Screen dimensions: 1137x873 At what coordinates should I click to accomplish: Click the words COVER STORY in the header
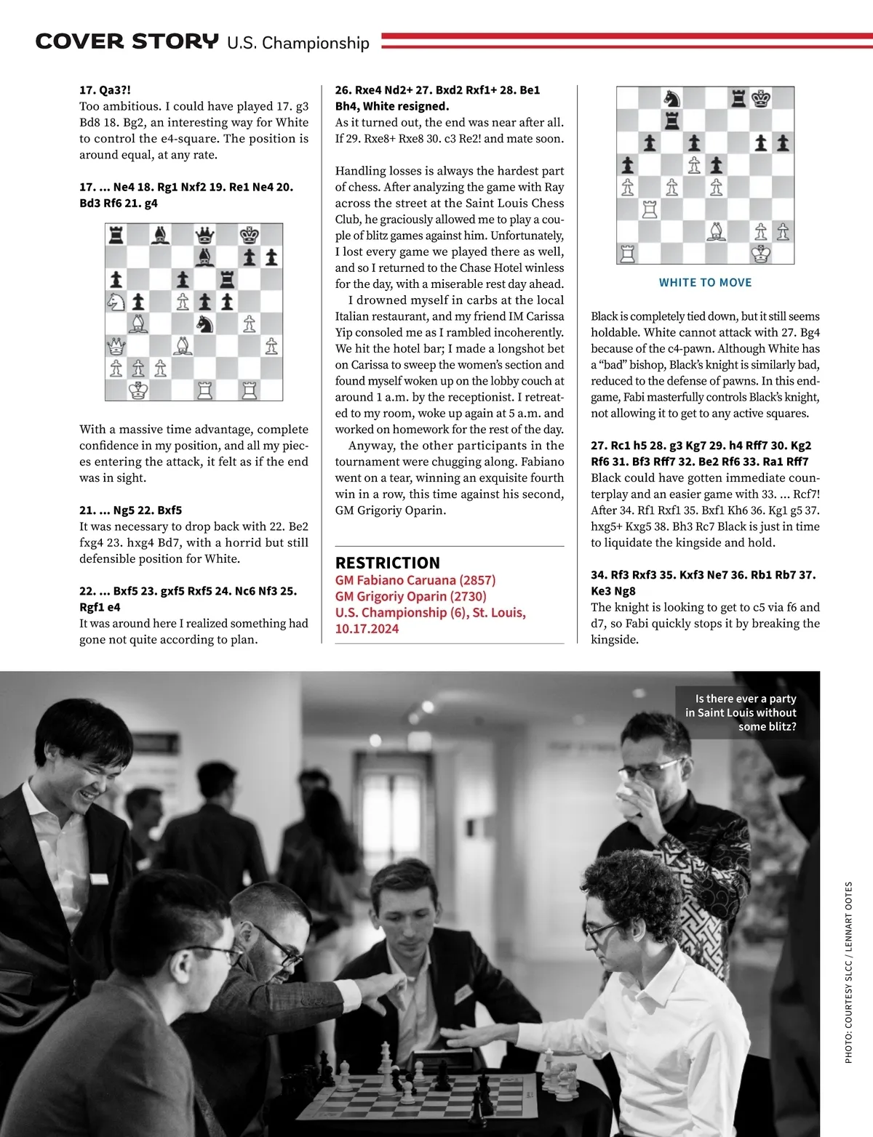point(127,41)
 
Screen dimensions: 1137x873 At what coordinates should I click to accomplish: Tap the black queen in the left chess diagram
point(205,235)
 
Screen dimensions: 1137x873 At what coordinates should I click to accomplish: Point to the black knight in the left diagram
point(205,322)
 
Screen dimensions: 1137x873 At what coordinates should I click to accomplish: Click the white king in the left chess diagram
point(138,390)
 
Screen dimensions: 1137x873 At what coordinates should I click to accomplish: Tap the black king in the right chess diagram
point(761,98)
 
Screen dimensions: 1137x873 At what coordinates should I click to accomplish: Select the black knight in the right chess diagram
point(671,98)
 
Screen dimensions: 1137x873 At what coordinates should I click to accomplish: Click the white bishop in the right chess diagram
point(717,231)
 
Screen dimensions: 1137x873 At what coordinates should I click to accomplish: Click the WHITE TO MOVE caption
point(705,283)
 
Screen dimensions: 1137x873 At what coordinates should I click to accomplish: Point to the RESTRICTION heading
point(387,563)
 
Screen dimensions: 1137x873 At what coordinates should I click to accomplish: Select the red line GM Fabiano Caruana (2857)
point(415,580)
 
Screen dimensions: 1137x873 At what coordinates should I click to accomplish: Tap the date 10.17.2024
point(367,629)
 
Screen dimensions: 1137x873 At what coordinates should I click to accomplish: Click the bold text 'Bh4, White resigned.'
point(391,106)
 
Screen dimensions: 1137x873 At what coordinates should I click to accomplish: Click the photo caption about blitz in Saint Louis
point(741,712)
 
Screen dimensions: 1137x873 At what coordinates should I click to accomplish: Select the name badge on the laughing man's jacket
point(100,879)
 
